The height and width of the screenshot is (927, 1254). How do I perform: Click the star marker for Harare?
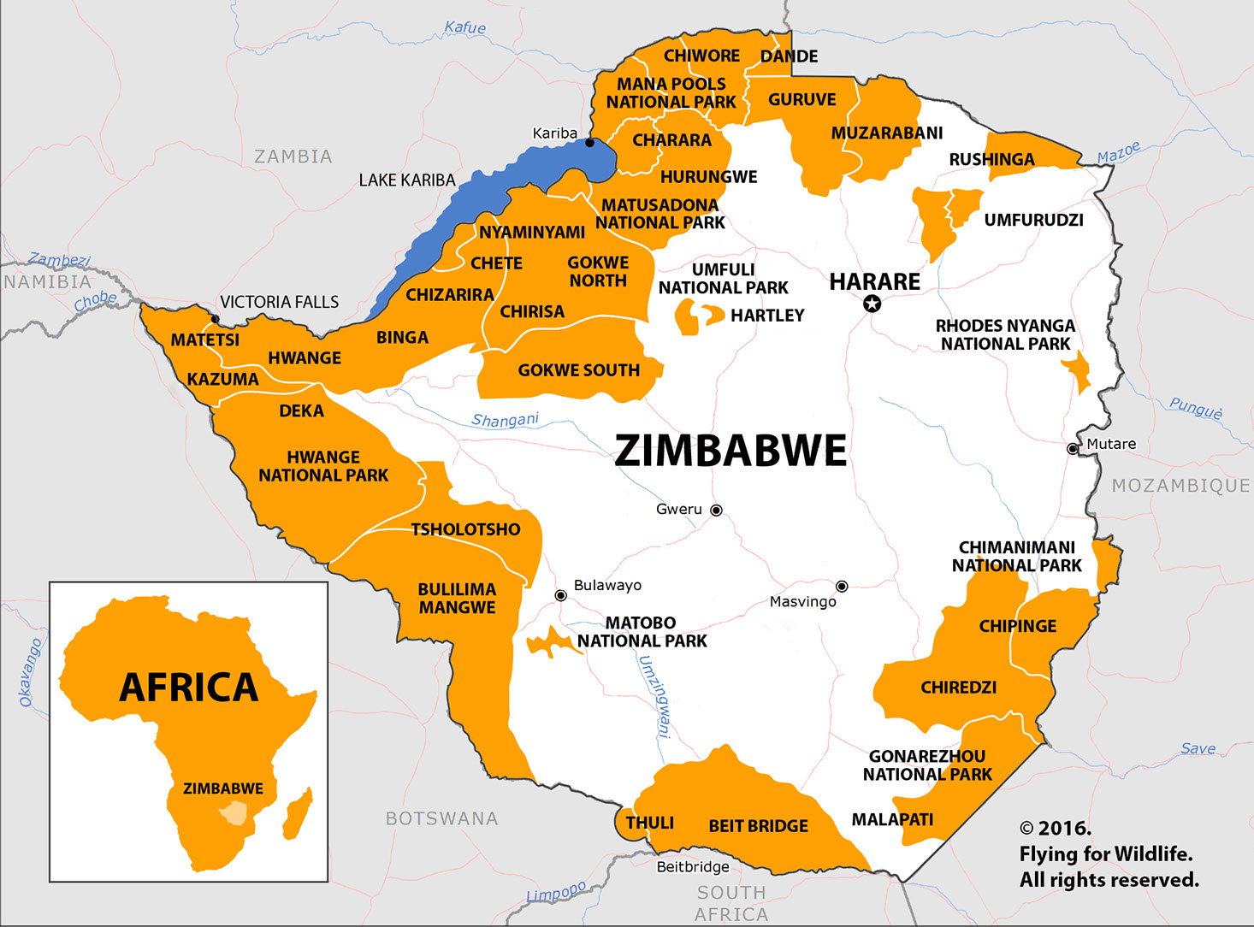tap(872, 304)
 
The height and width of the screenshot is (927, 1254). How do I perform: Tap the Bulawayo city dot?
tap(560, 595)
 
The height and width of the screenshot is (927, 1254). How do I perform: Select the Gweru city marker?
tap(717, 510)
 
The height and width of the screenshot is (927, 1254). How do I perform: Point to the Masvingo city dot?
tap(842, 586)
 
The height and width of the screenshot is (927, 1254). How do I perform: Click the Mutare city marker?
tap(1073, 448)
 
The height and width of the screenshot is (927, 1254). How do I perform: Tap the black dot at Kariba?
tap(589, 143)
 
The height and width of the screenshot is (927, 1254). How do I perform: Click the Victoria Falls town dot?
tap(215, 319)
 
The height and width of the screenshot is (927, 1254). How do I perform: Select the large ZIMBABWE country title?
tap(731, 451)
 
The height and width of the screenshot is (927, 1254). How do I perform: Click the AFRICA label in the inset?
tap(188, 688)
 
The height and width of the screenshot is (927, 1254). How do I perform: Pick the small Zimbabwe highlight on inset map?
tap(233, 812)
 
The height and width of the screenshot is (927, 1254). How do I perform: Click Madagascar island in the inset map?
tap(298, 814)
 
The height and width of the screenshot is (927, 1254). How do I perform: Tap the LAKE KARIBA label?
tap(407, 180)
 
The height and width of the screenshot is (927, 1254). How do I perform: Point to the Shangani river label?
tap(505, 420)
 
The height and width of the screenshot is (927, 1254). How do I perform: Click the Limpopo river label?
tap(556, 893)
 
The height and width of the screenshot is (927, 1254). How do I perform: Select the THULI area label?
tap(649, 823)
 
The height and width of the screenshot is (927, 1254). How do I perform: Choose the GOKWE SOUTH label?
tap(578, 370)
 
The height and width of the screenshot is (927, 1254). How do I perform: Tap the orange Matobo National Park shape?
tap(547, 643)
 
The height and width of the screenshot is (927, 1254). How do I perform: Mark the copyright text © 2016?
tap(1055, 829)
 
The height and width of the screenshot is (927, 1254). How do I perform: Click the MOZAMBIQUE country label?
tap(1180, 486)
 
